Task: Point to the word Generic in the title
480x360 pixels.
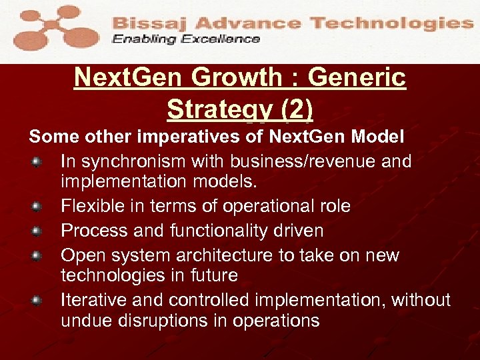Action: pos(357,78)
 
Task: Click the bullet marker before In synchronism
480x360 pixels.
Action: pos(38,162)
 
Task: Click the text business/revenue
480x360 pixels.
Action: pos(285,162)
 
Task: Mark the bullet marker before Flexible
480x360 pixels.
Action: pos(38,207)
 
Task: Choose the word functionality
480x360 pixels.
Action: pos(214,231)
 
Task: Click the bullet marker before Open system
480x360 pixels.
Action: pos(38,256)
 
